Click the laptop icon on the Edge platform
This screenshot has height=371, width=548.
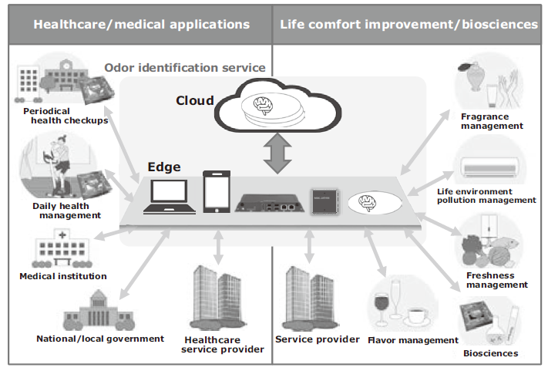tap(170, 197)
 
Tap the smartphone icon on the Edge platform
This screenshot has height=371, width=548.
tap(217, 191)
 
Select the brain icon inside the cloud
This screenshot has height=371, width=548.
tap(263, 105)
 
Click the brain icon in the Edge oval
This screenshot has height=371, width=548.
tap(367, 203)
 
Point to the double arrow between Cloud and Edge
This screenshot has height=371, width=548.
tap(277, 153)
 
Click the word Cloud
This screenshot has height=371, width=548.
tap(195, 101)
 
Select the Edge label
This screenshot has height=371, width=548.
tap(164, 167)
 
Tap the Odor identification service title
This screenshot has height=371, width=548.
tap(185, 67)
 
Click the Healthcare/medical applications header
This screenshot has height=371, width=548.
tap(142, 24)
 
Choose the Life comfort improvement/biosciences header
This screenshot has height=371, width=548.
tap(408, 24)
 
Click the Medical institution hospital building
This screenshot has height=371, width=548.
tap(62, 249)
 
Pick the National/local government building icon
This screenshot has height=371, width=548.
tap(99, 312)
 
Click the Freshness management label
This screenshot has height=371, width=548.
tap(497, 280)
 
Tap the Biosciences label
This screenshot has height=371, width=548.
tap(491, 353)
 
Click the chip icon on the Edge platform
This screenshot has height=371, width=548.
tap(325, 201)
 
